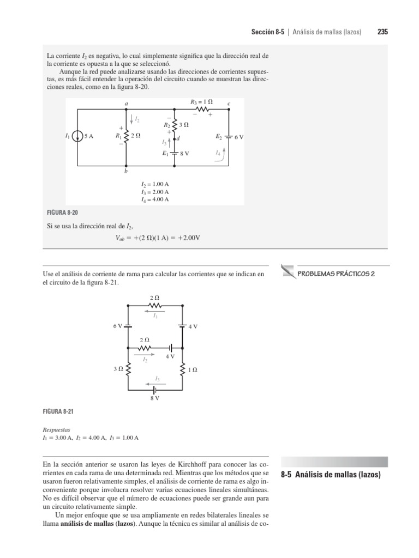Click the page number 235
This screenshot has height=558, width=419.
pyautogui.click(x=382, y=32)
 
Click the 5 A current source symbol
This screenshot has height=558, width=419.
pyautogui.click(x=78, y=137)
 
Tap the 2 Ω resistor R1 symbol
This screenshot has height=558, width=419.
pyautogui.click(x=126, y=137)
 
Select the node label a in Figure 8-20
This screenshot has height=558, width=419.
pyautogui.click(x=126, y=104)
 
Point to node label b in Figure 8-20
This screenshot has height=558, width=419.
pyautogui.click(x=126, y=172)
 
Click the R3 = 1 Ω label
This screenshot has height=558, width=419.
pyautogui.click(x=201, y=102)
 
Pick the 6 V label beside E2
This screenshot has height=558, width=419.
pyautogui.click(x=239, y=137)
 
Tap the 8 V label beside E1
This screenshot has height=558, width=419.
pyautogui.click(x=184, y=154)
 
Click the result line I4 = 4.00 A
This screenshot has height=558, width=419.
pyautogui.click(x=155, y=199)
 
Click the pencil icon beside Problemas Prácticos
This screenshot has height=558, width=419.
pyautogui.click(x=288, y=269)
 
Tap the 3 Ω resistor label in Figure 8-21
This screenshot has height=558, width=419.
pyautogui.click(x=118, y=369)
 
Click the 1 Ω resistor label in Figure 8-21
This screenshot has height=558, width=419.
pyautogui.click(x=193, y=369)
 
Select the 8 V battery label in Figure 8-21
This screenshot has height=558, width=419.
pyautogui.click(x=154, y=399)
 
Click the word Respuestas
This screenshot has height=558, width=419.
pyautogui.click(x=57, y=429)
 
